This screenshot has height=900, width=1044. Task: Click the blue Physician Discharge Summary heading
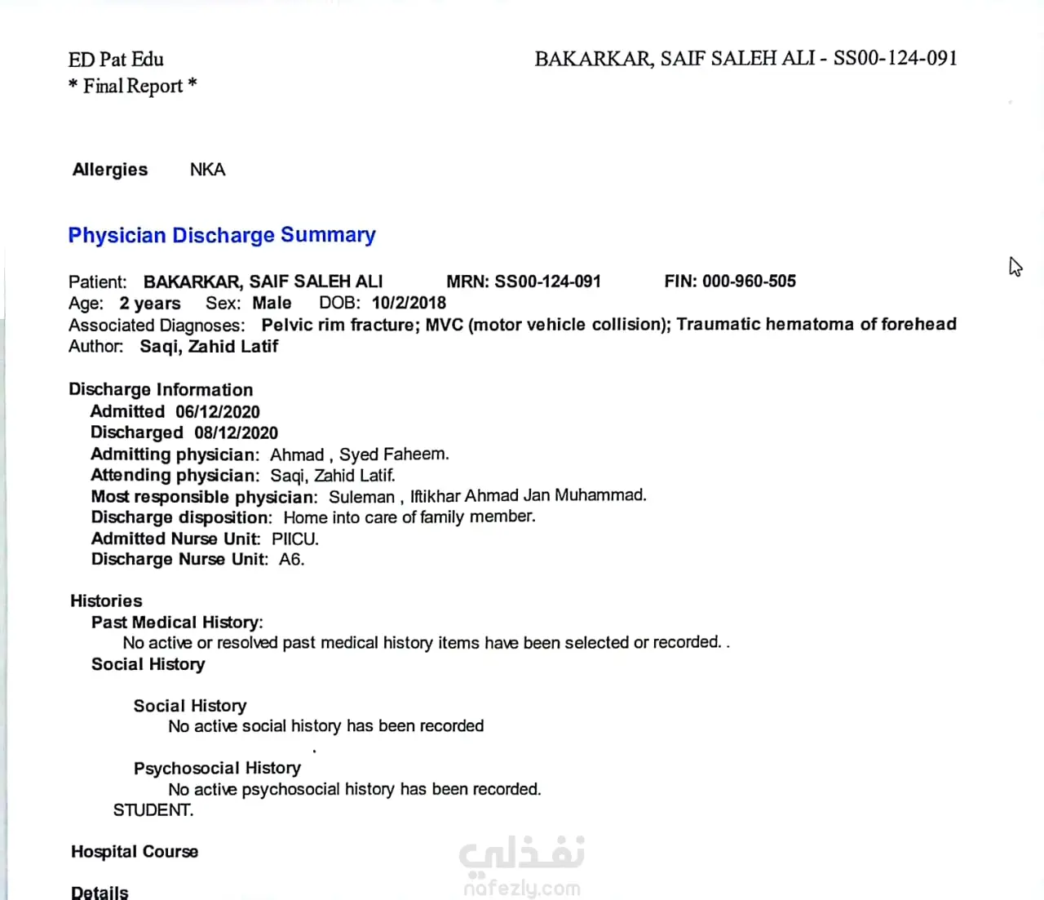[x=222, y=235]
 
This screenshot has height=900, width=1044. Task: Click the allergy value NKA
[x=207, y=170]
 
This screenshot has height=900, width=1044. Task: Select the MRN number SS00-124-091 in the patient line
[x=547, y=282]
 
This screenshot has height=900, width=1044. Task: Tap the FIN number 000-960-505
[x=749, y=282]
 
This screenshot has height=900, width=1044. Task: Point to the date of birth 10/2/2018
[x=409, y=303]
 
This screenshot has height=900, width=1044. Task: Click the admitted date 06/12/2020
[x=218, y=412]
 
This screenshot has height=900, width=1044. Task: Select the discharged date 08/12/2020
[x=236, y=433]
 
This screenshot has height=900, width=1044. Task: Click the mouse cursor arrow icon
[x=1015, y=266]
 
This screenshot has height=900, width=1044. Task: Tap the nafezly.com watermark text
[x=522, y=888]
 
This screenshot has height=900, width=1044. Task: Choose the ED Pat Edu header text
[x=116, y=60]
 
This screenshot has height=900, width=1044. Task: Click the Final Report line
[x=133, y=86]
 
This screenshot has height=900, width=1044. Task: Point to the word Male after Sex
[x=272, y=303]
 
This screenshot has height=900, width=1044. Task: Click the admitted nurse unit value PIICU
[x=294, y=539]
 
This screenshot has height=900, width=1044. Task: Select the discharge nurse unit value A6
[x=291, y=560]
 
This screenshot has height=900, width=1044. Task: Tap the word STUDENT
[x=153, y=810]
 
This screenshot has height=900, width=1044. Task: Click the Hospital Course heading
[x=135, y=852]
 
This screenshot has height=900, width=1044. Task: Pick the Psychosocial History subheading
[x=217, y=769]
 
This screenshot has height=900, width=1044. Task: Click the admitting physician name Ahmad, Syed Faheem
[x=359, y=454]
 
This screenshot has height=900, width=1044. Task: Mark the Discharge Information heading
[x=161, y=390]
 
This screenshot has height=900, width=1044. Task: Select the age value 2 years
[x=150, y=304]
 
